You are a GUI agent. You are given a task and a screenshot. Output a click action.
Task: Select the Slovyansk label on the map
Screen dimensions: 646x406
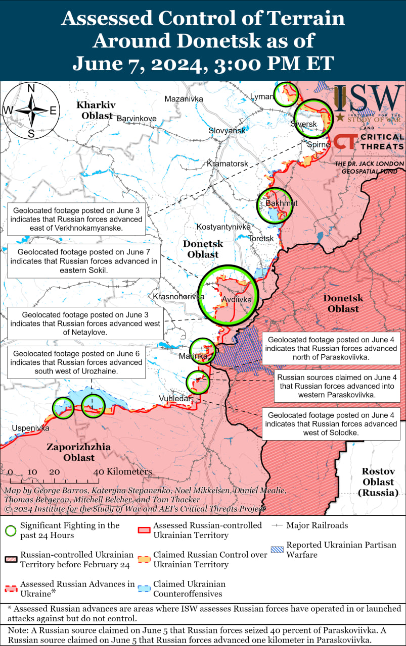point(227,131)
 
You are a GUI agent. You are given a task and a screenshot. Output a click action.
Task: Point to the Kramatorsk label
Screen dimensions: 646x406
point(228,164)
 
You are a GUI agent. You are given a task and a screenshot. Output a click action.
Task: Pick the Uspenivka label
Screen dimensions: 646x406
point(31,428)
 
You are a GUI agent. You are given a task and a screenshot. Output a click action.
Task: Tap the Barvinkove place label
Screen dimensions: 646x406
point(137,119)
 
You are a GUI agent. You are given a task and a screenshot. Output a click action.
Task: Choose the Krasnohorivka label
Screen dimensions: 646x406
point(178,296)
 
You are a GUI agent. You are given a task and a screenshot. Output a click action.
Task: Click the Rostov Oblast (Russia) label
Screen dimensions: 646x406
point(378,481)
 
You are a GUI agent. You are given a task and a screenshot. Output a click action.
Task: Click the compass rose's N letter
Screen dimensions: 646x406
point(31,88)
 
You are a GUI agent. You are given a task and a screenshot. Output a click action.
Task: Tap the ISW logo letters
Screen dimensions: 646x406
point(369,99)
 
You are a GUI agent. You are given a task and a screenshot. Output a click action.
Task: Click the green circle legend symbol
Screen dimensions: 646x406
point(10,530)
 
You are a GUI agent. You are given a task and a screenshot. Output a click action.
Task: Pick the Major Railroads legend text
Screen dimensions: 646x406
point(317,525)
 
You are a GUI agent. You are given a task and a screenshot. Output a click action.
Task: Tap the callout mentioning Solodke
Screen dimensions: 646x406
point(331,423)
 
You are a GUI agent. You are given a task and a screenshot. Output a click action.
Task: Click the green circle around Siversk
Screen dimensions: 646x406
point(313,119)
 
